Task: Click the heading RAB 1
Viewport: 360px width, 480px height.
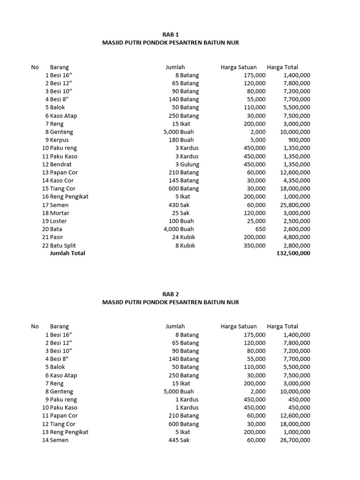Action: [x=171, y=34]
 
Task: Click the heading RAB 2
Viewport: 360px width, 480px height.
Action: [x=171, y=294]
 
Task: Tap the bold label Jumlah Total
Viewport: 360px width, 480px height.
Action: [x=67, y=254]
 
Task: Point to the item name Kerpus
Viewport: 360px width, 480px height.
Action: [x=59, y=140]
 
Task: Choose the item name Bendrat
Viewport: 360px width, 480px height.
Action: [x=61, y=165]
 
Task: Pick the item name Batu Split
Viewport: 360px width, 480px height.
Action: [x=63, y=246]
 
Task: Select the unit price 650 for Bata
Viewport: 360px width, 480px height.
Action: [x=259, y=229]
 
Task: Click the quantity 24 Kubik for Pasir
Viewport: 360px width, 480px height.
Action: [x=185, y=237]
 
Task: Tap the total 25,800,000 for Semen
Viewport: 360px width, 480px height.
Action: [x=294, y=205]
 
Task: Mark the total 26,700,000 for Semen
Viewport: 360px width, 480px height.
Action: [x=294, y=440]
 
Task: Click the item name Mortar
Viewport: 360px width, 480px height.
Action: [x=60, y=213]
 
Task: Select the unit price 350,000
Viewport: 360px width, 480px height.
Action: [x=255, y=246]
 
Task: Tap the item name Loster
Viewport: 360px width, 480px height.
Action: [x=59, y=221]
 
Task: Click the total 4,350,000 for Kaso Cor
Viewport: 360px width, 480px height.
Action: [x=296, y=180]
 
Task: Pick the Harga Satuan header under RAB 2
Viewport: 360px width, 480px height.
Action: [x=239, y=326]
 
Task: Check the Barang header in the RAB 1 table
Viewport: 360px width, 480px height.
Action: [x=60, y=67]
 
